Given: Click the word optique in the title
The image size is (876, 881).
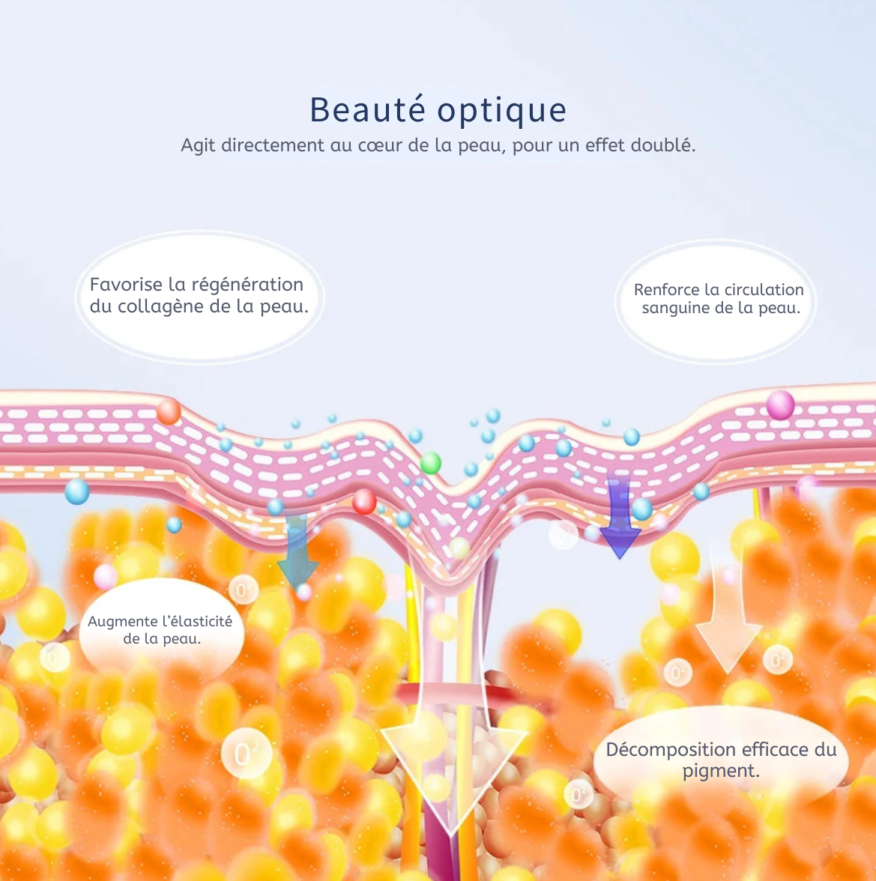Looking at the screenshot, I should coord(502,111).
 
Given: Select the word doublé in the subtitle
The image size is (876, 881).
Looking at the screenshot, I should coord(662,145).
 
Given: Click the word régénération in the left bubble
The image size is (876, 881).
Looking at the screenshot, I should coord(247,285).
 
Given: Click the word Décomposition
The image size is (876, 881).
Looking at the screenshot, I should coord(670,750).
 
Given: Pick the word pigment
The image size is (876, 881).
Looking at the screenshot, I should coord(720,771).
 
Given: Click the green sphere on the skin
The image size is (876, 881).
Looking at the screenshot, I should coord(430,463).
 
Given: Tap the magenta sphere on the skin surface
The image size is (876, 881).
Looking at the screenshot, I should coord(779,405).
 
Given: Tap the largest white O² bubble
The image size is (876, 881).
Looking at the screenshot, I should coord(245,752).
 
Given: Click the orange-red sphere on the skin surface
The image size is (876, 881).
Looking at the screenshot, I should coord(169,411).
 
